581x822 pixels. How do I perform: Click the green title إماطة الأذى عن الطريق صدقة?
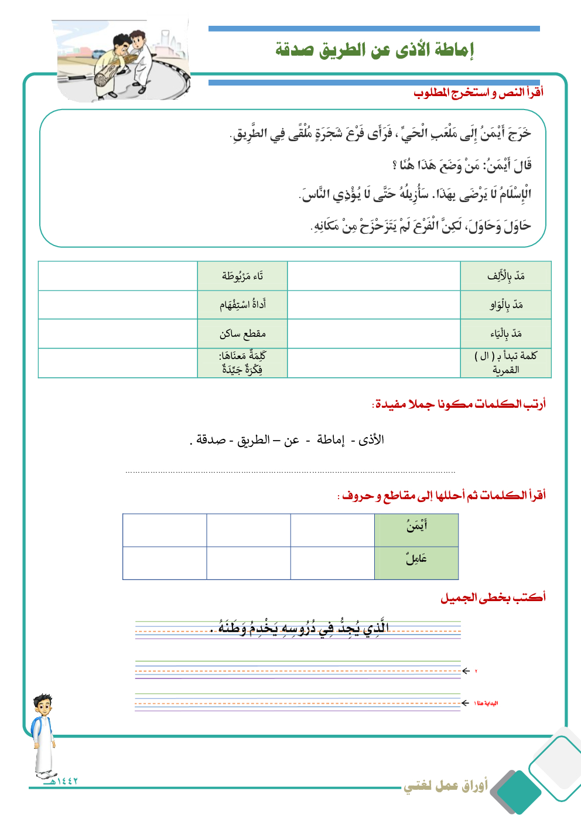point(374,50)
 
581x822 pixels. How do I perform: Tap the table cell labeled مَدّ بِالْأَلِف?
point(506,276)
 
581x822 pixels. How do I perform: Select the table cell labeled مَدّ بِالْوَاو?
point(506,305)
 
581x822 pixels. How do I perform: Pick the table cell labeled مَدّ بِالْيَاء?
point(506,333)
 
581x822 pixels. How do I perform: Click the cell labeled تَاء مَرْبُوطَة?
point(242,276)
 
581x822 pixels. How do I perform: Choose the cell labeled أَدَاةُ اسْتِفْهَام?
point(242,305)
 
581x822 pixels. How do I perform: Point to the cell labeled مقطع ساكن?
point(242,333)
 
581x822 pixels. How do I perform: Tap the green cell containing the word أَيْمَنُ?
point(416,530)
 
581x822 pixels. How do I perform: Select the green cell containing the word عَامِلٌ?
point(416,563)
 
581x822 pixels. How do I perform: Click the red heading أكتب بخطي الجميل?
point(493,598)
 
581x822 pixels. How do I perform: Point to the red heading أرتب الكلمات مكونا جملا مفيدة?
point(459,404)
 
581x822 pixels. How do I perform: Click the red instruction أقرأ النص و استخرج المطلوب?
point(478,93)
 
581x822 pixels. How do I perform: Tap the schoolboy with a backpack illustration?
point(43,735)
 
